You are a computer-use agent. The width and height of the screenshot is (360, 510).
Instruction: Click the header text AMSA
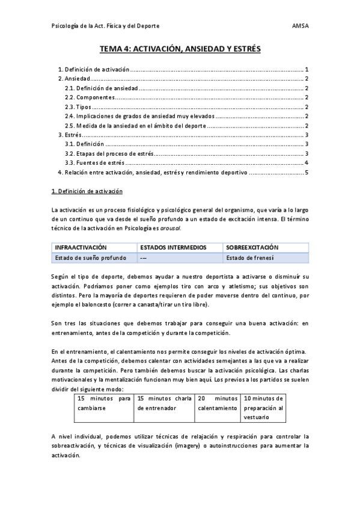pyautogui.click(x=300, y=26)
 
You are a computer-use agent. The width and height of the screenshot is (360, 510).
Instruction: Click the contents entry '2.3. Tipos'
pyautogui.click(x=78, y=107)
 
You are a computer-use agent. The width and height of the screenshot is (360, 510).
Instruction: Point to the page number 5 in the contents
pyautogui.click(x=306, y=173)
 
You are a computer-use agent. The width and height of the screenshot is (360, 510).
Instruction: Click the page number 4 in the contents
pyautogui.click(x=306, y=163)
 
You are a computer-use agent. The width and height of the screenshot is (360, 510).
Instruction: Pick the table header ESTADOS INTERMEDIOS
pyautogui.click(x=172, y=248)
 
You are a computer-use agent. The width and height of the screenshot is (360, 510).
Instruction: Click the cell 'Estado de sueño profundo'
pyautogui.click(x=91, y=258)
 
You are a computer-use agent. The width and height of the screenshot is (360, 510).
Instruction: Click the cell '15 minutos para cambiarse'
pyautogui.click(x=103, y=402)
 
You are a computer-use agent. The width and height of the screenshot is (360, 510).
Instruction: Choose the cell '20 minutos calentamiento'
pyautogui.click(x=217, y=402)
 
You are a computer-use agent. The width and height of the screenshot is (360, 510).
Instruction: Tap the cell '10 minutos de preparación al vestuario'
pyautogui.click(x=263, y=407)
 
